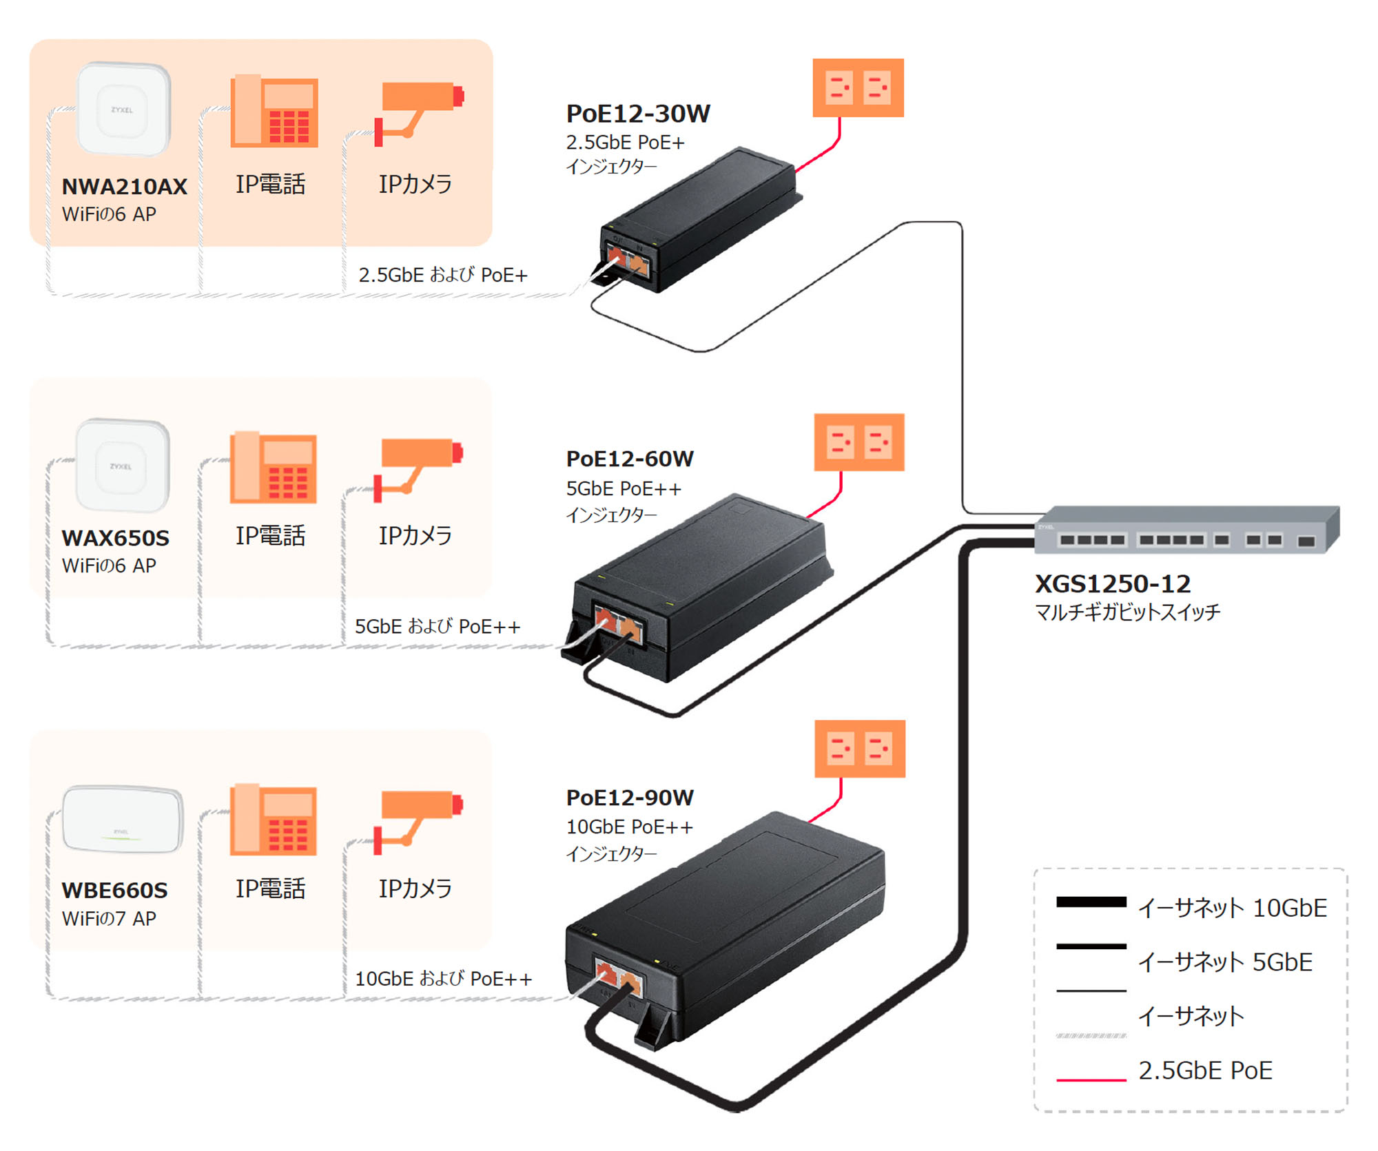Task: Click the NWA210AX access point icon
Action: point(123,109)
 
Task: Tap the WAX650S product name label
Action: point(115,538)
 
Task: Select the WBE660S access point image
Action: point(123,820)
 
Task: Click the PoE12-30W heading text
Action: point(637,114)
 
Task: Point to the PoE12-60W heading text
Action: point(629,459)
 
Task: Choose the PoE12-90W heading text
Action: point(629,798)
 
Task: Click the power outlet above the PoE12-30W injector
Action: point(858,87)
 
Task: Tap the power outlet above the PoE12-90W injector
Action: point(859,749)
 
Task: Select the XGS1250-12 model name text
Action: point(1112,584)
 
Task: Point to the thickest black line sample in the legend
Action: point(1091,902)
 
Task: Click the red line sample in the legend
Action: point(1091,1079)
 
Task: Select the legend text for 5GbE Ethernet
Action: point(1224,962)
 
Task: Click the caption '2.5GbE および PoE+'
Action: point(442,275)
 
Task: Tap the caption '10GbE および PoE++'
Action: point(443,979)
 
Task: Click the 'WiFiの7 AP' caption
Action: point(109,919)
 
